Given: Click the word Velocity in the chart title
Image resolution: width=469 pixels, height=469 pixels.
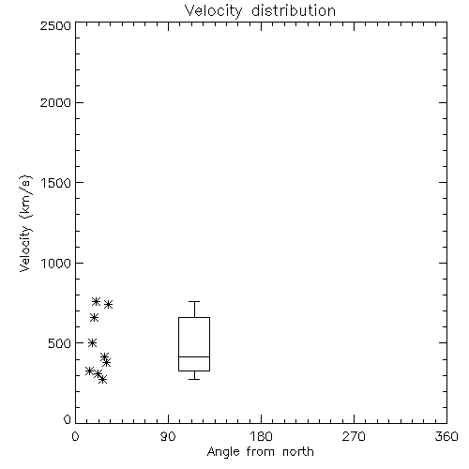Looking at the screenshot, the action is click(214, 11).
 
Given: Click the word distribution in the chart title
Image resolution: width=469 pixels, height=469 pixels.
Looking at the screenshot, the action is click(294, 10).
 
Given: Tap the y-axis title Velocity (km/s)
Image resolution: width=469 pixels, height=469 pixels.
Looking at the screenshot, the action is click(25, 223).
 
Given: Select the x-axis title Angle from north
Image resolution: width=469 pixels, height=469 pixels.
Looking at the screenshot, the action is click(260, 452).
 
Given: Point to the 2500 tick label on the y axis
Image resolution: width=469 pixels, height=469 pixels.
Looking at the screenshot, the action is click(55, 25).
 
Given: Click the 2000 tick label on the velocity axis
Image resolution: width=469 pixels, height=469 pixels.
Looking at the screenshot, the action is click(55, 102).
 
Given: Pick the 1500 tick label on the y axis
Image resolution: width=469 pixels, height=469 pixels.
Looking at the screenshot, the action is click(56, 183).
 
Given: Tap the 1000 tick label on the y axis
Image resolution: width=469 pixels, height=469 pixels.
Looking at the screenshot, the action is click(56, 264).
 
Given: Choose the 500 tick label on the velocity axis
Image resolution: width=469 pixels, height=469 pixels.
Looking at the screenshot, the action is click(60, 343).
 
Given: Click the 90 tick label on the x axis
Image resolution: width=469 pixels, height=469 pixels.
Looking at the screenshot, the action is click(168, 436).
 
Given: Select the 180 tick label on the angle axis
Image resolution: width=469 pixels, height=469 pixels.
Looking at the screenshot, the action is click(261, 436).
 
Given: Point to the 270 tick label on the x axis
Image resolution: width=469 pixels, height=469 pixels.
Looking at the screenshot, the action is click(354, 436).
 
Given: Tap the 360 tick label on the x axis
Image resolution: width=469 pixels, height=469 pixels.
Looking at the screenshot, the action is click(446, 436).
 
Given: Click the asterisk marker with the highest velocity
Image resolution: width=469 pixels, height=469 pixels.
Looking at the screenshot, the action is click(96, 301).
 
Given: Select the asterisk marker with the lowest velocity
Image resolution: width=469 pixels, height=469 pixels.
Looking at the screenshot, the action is click(102, 380).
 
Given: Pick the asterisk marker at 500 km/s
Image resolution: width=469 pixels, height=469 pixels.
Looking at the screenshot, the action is click(92, 342).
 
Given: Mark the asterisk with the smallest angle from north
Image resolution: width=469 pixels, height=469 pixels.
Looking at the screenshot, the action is click(89, 371).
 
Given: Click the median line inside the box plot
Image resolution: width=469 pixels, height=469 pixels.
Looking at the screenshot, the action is click(194, 356).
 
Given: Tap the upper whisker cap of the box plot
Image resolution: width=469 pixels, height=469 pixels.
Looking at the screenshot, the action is click(194, 301).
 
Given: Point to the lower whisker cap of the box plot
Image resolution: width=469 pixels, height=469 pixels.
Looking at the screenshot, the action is click(194, 379).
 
